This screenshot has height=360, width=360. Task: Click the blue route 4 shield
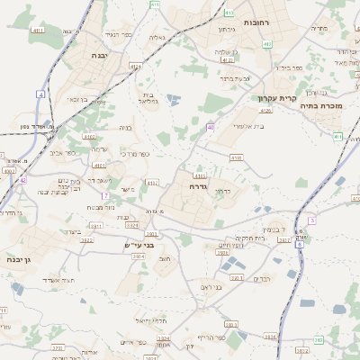point(40,94)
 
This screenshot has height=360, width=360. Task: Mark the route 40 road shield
point(210,128)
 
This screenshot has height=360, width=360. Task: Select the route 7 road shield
point(105,194)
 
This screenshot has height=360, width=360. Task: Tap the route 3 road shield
point(310,220)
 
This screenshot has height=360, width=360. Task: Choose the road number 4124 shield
point(135,66)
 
